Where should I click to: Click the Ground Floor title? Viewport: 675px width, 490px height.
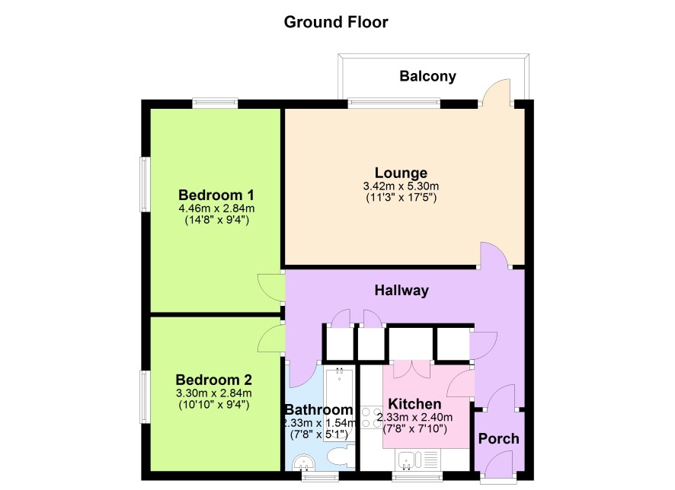336,22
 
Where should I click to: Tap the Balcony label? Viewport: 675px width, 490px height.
427,76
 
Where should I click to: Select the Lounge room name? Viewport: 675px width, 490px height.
401,173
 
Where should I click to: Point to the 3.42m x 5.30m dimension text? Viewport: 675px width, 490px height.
401,186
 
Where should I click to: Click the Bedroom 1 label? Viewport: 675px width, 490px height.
216,195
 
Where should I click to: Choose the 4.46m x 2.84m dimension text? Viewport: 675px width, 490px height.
216,208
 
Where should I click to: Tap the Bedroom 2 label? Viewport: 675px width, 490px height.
213,380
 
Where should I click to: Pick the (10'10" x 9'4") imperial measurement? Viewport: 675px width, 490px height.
213,405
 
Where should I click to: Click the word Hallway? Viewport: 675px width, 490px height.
401,290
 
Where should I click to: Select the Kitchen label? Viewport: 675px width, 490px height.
414,404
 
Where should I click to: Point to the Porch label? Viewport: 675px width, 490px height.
498,439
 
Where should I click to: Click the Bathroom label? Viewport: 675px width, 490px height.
319,409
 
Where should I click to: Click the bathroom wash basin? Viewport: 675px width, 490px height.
304,463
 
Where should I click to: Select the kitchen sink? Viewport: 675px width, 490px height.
406,460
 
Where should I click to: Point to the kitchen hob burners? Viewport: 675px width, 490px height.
371,418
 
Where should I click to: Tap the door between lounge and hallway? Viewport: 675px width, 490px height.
494,255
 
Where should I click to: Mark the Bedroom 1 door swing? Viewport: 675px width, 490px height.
270,287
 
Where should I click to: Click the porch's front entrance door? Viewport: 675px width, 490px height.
498,462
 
